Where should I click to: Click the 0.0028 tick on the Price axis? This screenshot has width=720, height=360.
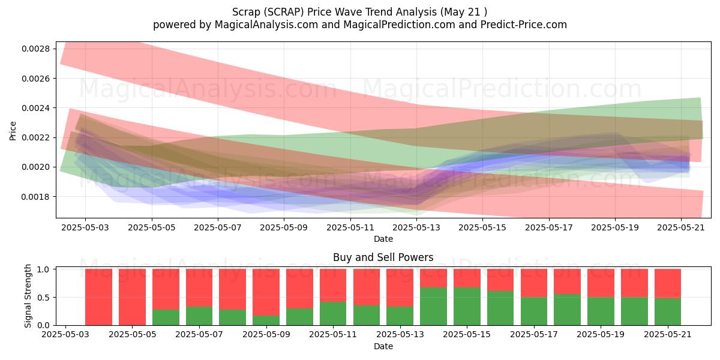click(x=35, y=49)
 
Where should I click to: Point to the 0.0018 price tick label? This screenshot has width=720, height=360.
click(x=35, y=197)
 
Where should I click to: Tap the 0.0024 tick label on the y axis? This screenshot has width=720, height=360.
click(x=35, y=108)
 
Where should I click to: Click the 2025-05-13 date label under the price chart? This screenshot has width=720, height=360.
click(x=416, y=227)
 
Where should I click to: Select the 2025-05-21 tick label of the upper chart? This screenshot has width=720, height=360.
click(x=681, y=227)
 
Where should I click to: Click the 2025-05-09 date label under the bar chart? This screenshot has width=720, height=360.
click(x=266, y=334)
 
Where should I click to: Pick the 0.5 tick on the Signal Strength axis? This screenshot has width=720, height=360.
click(x=43, y=298)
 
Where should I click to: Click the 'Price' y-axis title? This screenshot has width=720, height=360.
click(x=13, y=131)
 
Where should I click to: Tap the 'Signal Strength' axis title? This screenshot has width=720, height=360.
click(x=28, y=296)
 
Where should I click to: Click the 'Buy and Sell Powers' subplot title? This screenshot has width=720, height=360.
click(x=383, y=257)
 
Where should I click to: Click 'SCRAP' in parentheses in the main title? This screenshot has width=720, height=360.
click(x=283, y=12)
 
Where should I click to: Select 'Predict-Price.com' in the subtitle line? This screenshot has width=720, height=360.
click(x=524, y=25)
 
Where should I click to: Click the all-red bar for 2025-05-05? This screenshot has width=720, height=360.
click(x=132, y=297)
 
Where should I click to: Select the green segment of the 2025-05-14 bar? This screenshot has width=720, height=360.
click(x=433, y=307)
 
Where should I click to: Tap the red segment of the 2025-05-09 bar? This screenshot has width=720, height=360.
click(x=266, y=292)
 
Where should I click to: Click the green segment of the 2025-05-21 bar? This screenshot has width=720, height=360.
click(x=668, y=312)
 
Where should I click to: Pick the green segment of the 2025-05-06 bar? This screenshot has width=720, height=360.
click(x=166, y=317)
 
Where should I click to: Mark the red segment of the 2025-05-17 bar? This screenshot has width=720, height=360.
click(x=534, y=283)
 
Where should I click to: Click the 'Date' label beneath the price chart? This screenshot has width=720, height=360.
click(x=383, y=239)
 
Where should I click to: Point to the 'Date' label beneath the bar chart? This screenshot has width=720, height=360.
click(x=383, y=346)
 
